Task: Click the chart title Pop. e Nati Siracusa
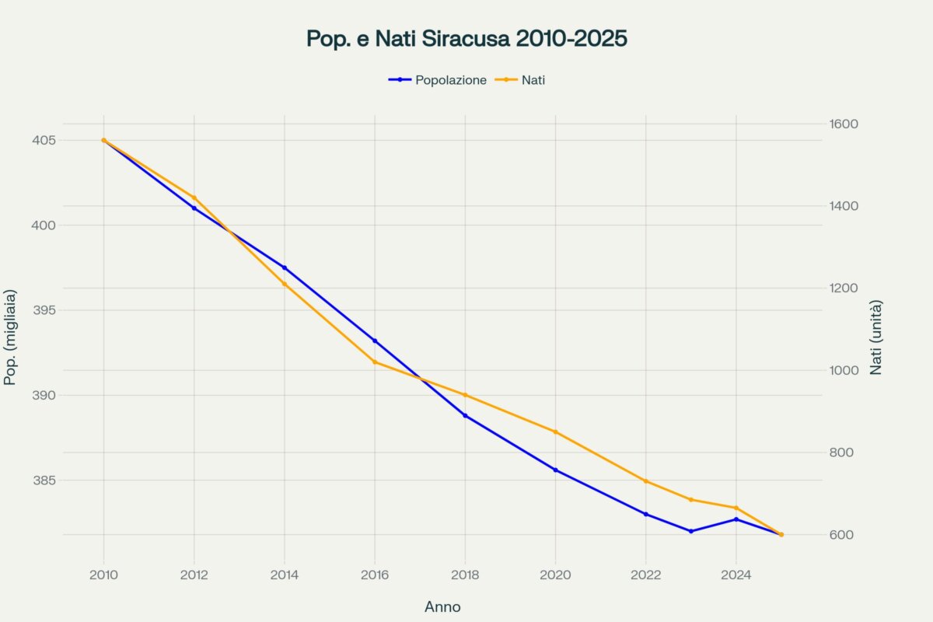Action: [x=466, y=39]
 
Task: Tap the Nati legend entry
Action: [x=533, y=79]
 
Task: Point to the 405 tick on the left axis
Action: [x=44, y=141]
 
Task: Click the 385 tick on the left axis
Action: [x=44, y=480]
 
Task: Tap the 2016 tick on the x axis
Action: [x=375, y=575]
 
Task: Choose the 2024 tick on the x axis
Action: [x=736, y=575]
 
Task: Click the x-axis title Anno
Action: [x=442, y=607]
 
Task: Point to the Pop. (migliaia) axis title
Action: [x=11, y=337]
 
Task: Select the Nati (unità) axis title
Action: [x=876, y=337]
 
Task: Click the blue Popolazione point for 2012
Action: [x=194, y=208]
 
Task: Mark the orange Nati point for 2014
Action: [x=285, y=284]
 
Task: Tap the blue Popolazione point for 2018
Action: [x=465, y=415]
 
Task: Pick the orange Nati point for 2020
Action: [x=556, y=432]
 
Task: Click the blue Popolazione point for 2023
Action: [x=691, y=531]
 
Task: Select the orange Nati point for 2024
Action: [x=736, y=508]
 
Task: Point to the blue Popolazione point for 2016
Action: [x=375, y=341]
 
